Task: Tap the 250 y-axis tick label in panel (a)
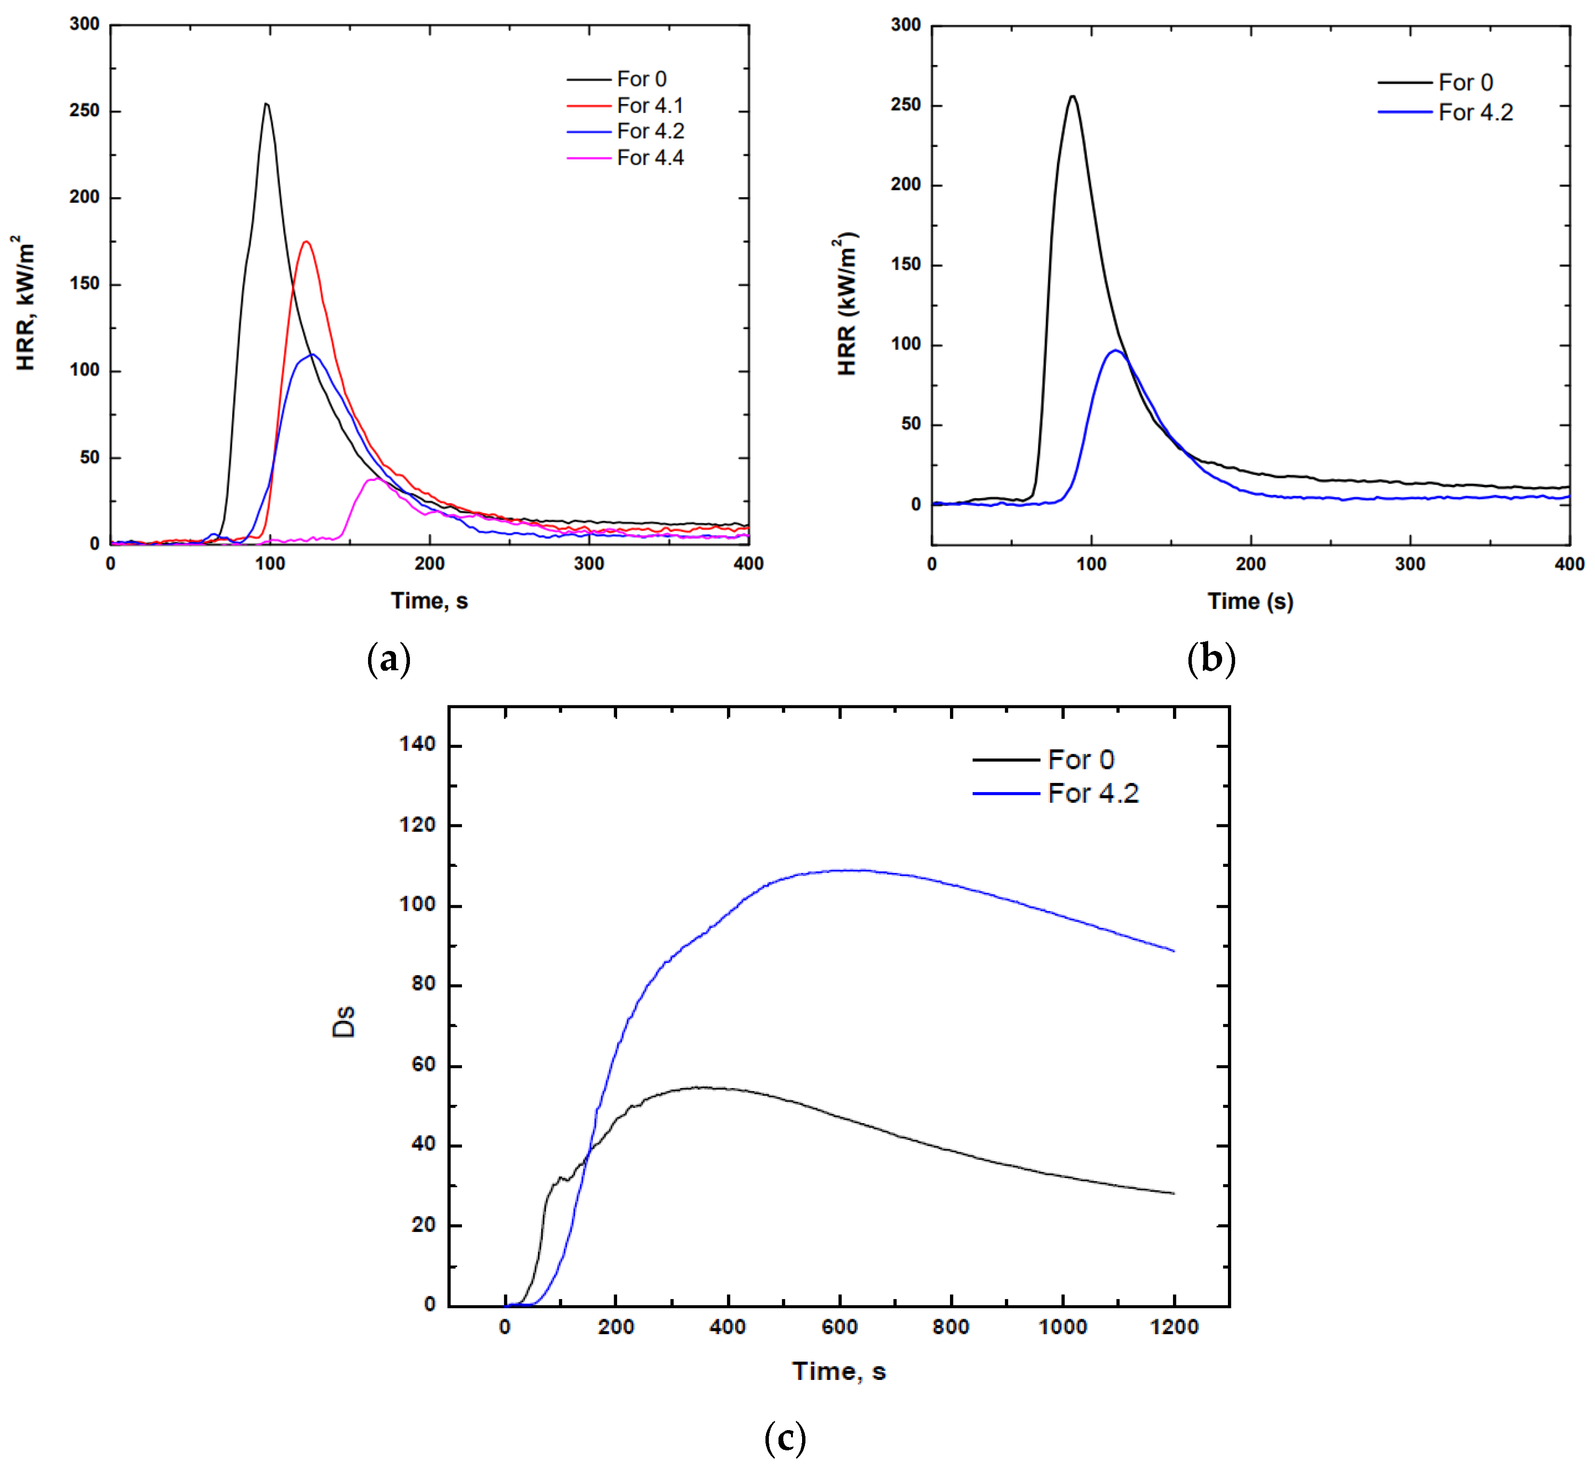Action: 84,111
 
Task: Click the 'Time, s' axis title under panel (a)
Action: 429,600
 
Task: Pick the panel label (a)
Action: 389,660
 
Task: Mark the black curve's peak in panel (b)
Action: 1073,96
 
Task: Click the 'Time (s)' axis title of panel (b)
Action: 1250,601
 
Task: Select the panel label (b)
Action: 1211,660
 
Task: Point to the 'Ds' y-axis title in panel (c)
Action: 344,1022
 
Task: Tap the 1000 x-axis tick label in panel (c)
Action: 1062,1327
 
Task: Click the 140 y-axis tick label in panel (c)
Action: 417,745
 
